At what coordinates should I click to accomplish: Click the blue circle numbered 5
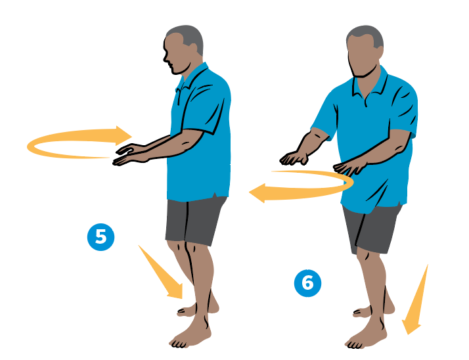(x=100, y=237)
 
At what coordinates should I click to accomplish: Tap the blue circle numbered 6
(x=308, y=283)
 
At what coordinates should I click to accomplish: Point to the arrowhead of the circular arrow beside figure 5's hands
(x=123, y=136)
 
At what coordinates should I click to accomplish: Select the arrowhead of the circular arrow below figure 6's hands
(x=257, y=193)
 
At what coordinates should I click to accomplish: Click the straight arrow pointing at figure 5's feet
(x=162, y=273)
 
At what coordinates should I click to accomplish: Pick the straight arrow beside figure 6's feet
(x=415, y=300)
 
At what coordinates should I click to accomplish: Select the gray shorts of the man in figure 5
(x=194, y=221)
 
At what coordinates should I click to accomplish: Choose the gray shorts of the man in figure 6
(x=371, y=229)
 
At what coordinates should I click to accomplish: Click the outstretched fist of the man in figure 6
(x=294, y=158)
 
